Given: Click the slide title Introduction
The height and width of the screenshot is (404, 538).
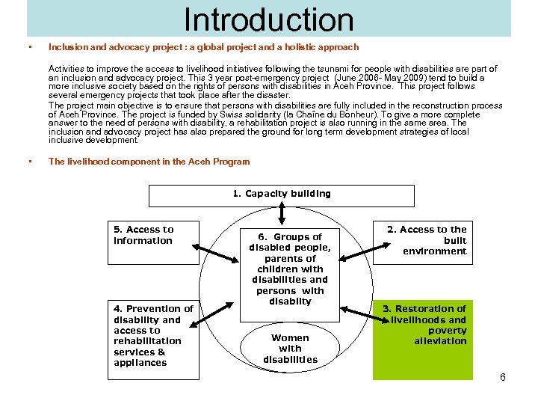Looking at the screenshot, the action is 269,19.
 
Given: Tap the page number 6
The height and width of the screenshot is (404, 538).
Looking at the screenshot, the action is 503,377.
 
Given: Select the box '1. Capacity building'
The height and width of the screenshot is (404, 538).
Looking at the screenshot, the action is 281,195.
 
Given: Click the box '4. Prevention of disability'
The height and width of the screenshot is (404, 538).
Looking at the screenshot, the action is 152,336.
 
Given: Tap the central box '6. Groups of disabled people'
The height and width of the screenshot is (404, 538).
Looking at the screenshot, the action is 290,269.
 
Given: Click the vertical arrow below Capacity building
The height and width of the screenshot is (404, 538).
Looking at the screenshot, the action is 282,214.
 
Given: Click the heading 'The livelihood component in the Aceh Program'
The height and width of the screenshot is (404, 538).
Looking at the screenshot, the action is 149,162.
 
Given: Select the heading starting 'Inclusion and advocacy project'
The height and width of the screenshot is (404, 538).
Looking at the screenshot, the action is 203,47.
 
